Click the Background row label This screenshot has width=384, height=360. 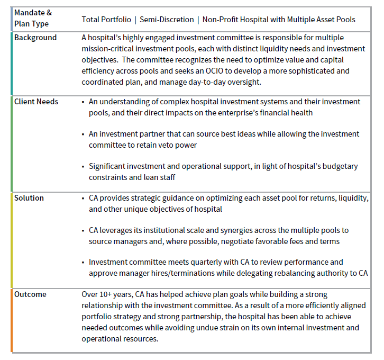[x=35, y=38]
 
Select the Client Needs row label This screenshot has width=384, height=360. [x=36, y=101]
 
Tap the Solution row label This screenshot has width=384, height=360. [x=29, y=198]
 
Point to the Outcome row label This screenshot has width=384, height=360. [x=30, y=294]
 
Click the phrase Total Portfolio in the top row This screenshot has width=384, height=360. [x=106, y=20]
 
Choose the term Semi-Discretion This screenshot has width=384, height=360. [x=167, y=20]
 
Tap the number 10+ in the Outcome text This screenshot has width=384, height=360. [x=108, y=294]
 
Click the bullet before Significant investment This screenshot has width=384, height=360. [x=83, y=166]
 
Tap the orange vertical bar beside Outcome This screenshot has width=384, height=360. [x=12, y=320]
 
